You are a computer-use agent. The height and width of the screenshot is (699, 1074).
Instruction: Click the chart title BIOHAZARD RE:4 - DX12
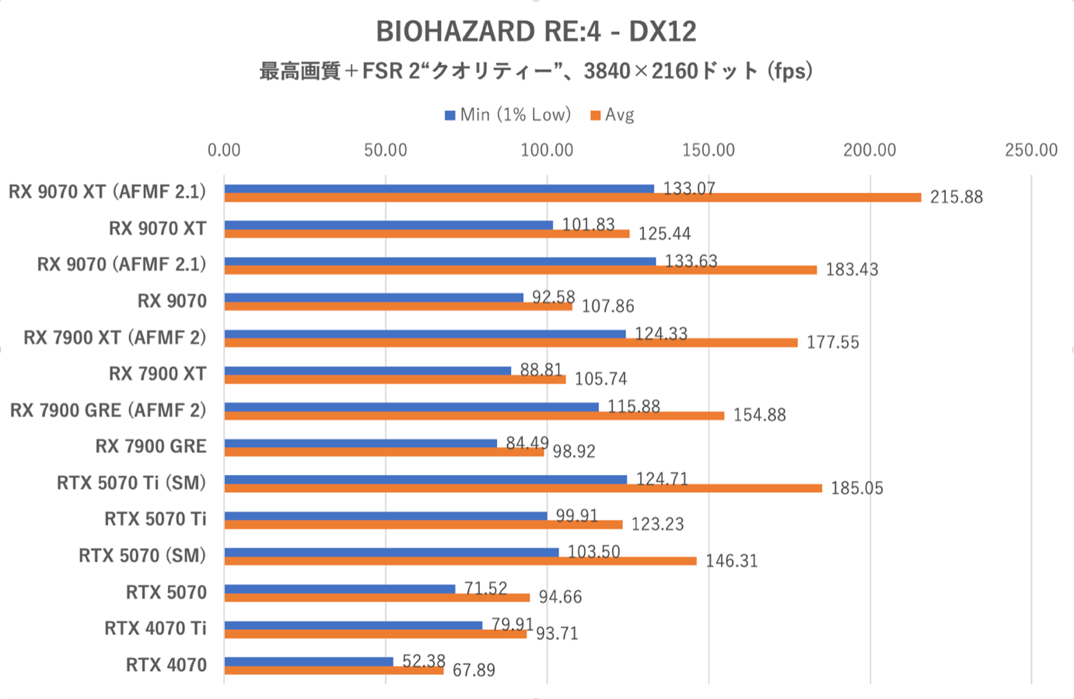tap(536, 31)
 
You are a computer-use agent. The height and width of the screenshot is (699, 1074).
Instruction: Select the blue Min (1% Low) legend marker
tap(450, 116)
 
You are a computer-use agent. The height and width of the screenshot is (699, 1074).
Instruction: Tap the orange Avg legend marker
tap(595, 116)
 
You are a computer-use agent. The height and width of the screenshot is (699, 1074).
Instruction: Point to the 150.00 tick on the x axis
tap(708, 150)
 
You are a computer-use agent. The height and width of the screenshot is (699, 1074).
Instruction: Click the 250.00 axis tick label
tap(1031, 150)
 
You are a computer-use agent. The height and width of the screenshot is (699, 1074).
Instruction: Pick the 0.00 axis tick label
tap(224, 150)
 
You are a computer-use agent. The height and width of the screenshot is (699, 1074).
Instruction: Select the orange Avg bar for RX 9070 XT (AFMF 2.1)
tap(572, 197)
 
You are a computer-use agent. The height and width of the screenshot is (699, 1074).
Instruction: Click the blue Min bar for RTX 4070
tap(309, 662)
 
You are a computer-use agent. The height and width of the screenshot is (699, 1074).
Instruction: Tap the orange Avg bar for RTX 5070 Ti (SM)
tap(523, 488)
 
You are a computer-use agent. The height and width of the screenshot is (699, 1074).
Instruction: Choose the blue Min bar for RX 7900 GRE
tap(360, 443)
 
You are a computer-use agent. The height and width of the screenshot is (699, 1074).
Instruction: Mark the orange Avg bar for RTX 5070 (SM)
tap(460, 561)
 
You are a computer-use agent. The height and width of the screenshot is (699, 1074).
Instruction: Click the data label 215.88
tap(957, 197)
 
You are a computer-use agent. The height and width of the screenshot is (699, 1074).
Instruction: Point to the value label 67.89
tap(474, 670)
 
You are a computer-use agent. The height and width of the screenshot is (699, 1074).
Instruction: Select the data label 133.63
tap(691, 261)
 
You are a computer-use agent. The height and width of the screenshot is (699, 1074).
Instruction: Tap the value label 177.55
tap(833, 343)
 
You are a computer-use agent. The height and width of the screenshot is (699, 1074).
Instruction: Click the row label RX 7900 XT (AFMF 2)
tap(115, 337)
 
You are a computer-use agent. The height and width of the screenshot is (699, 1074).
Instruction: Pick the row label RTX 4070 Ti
tap(156, 628)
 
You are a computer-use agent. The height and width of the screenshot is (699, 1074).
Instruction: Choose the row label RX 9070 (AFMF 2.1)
tap(122, 264)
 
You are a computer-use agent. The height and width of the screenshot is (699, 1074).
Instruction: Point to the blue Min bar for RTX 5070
tap(340, 589)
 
